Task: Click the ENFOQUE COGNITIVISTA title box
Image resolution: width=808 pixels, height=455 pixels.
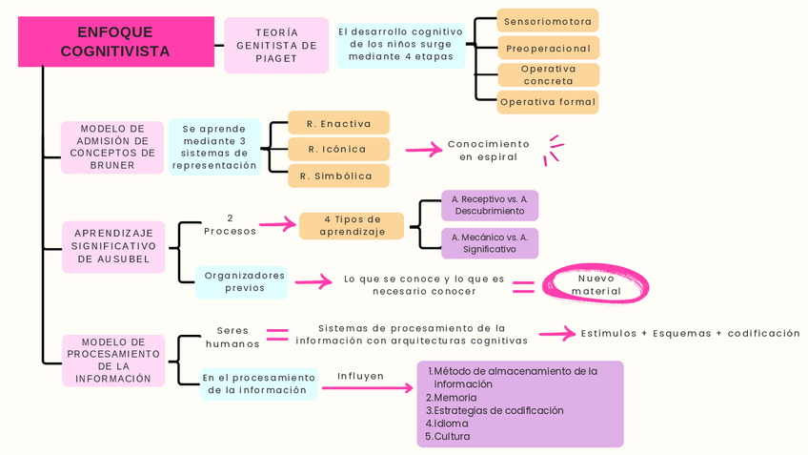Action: [x=115, y=42]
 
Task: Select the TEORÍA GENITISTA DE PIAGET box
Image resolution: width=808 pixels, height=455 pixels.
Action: [x=276, y=46]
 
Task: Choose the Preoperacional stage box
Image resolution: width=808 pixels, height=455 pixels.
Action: [x=548, y=48]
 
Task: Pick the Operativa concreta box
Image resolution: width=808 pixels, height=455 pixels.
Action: [x=548, y=74]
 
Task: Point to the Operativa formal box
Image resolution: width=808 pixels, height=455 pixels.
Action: [x=548, y=102]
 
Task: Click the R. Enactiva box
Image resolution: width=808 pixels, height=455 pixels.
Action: [x=339, y=123]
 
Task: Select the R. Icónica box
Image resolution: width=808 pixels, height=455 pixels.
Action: [x=339, y=149]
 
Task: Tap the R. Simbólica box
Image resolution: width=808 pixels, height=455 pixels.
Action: [x=339, y=176]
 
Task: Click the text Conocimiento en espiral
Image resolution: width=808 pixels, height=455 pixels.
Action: [x=488, y=151]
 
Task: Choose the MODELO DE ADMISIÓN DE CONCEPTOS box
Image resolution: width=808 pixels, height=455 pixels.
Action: [x=112, y=147]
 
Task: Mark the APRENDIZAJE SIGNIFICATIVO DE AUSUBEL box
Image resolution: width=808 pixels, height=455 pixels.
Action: [x=113, y=246]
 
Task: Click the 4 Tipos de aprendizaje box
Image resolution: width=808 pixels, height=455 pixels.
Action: [x=352, y=226]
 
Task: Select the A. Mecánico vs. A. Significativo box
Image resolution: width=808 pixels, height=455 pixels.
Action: [x=490, y=243]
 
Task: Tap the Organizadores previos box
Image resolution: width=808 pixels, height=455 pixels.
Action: [x=245, y=281]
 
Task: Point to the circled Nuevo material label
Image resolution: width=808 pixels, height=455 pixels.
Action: [x=596, y=284]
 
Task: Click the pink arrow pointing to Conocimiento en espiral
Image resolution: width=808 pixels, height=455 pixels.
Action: [x=424, y=150]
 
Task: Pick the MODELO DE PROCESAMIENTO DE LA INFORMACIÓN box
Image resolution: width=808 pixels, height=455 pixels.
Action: [x=113, y=360]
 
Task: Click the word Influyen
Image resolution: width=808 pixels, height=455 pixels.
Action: [x=360, y=376]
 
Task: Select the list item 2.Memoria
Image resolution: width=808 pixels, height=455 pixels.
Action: [x=452, y=398]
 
